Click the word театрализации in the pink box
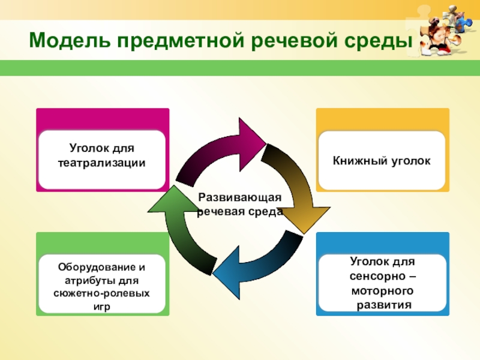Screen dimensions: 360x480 click(x=101, y=163)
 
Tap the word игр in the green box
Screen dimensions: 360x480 click(x=102, y=306)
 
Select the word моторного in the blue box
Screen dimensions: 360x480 click(x=382, y=291)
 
